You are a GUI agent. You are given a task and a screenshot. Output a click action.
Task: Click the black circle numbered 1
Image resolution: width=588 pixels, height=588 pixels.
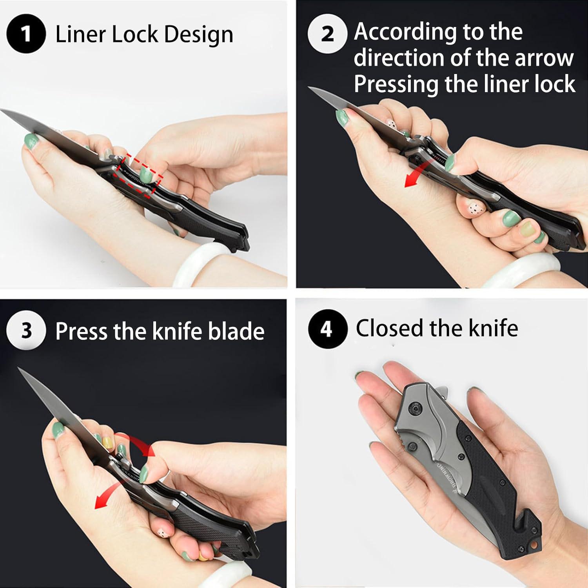26,34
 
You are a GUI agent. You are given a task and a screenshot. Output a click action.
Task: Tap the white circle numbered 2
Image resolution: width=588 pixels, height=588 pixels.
327,34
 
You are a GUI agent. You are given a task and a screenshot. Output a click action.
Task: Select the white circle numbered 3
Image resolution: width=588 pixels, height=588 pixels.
26,330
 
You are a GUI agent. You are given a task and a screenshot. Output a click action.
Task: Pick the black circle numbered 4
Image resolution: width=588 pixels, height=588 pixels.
327,328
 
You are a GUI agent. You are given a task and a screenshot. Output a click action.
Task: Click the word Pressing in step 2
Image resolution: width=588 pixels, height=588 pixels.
396,84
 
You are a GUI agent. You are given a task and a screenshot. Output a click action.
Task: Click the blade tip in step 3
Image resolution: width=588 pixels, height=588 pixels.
19,369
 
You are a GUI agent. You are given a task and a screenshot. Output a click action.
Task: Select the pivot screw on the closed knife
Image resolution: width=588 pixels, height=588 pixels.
414,409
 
